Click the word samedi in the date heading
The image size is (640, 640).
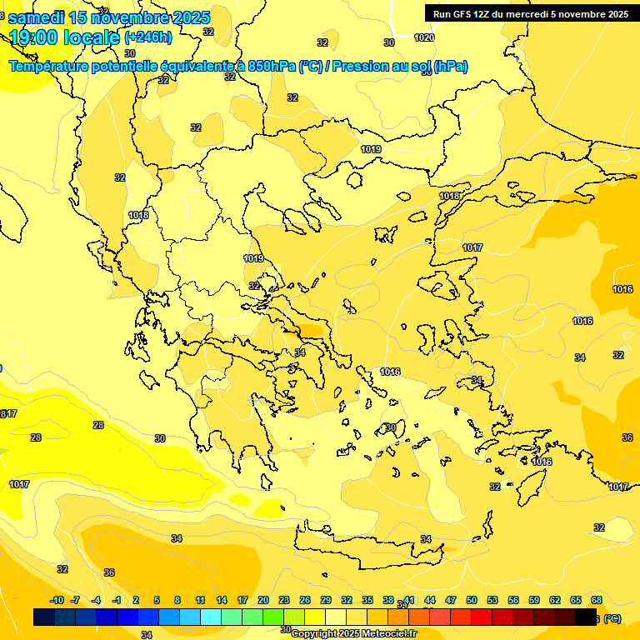coord(37,17)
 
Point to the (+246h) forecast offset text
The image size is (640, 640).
coord(148,37)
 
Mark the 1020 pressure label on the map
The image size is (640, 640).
coord(424,37)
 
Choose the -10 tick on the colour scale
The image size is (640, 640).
coord(57,600)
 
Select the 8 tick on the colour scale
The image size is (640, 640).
coord(177,600)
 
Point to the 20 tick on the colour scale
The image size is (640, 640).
coord(263,600)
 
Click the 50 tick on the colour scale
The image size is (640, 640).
coord(472,600)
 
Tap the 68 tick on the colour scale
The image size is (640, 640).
coord(597,600)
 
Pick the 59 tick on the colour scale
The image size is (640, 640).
coord(534,600)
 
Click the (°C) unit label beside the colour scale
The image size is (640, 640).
coord(612,618)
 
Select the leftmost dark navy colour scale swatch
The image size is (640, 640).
coord(44,617)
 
